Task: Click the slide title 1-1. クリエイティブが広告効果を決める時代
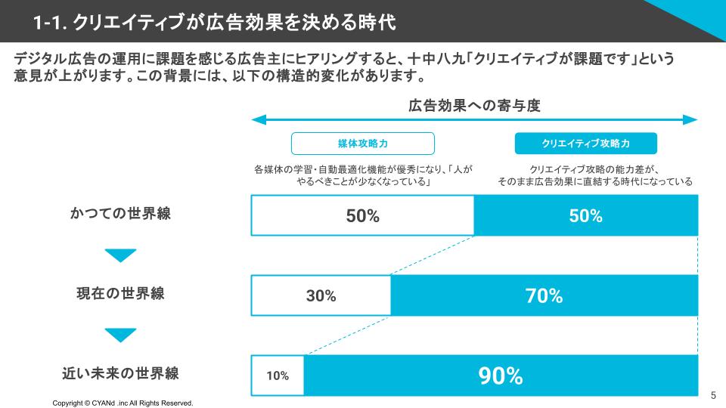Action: [x=215, y=21]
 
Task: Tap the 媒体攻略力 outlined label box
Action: [x=363, y=144]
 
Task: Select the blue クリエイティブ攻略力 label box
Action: [x=586, y=144]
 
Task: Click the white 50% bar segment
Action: [x=362, y=215]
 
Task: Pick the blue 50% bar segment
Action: [x=586, y=215]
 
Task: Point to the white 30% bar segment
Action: [x=321, y=295]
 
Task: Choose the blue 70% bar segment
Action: [x=544, y=295]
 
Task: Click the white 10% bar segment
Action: [x=278, y=376]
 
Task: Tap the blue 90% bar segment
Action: [x=501, y=376]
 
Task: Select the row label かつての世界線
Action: [x=121, y=213]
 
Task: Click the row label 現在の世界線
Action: [x=121, y=293]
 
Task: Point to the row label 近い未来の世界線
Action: [x=121, y=373]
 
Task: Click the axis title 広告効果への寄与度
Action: [x=475, y=104]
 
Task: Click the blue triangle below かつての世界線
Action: [x=121, y=255]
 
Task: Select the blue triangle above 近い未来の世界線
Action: [x=121, y=334]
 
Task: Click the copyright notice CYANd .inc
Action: [x=123, y=403]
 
